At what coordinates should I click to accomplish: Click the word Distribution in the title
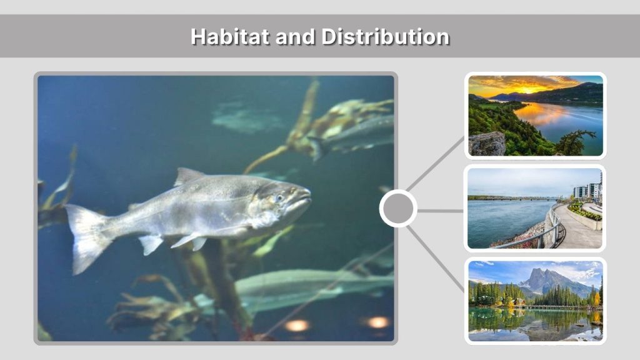click(x=386, y=36)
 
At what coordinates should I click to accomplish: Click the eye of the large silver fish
click(x=279, y=197)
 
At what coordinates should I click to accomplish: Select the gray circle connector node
click(x=397, y=209)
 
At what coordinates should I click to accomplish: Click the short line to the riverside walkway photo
click(x=440, y=211)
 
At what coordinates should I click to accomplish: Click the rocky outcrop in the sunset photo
click(x=487, y=144)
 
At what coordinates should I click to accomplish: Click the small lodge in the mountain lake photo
click(x=519, y=302)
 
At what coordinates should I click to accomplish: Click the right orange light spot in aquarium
click(x=377, y=322)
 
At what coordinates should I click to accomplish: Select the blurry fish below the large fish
click(x=294, y=284)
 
